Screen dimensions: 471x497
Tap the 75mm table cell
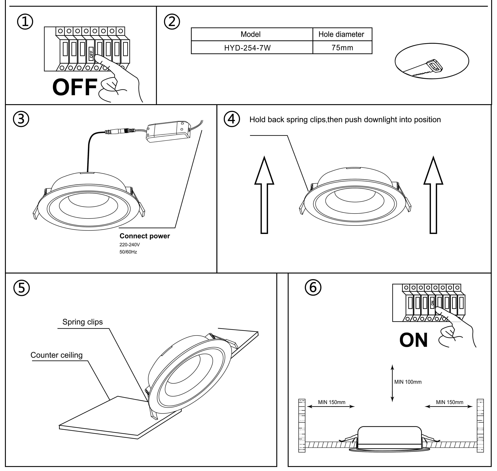(342, 48)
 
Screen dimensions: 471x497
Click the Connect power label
(144, 236)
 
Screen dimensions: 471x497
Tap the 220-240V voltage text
(129, 245)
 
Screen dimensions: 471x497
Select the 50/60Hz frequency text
(128, 252)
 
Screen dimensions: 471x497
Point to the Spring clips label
(82, 322)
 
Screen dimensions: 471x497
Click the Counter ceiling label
(57, 355)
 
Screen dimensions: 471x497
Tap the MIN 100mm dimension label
(408, 382)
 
